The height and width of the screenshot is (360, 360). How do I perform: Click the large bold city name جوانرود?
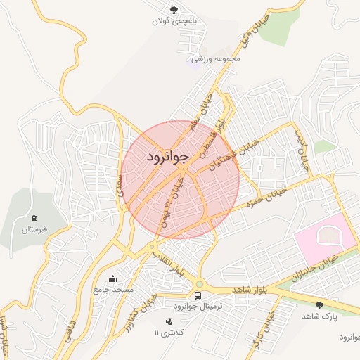click(168, 156)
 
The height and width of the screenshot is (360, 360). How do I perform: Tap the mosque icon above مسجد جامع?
click(113, 278)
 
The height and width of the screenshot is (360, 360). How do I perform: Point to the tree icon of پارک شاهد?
click(321, 305)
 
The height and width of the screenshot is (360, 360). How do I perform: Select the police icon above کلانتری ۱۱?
click(168, 321)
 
